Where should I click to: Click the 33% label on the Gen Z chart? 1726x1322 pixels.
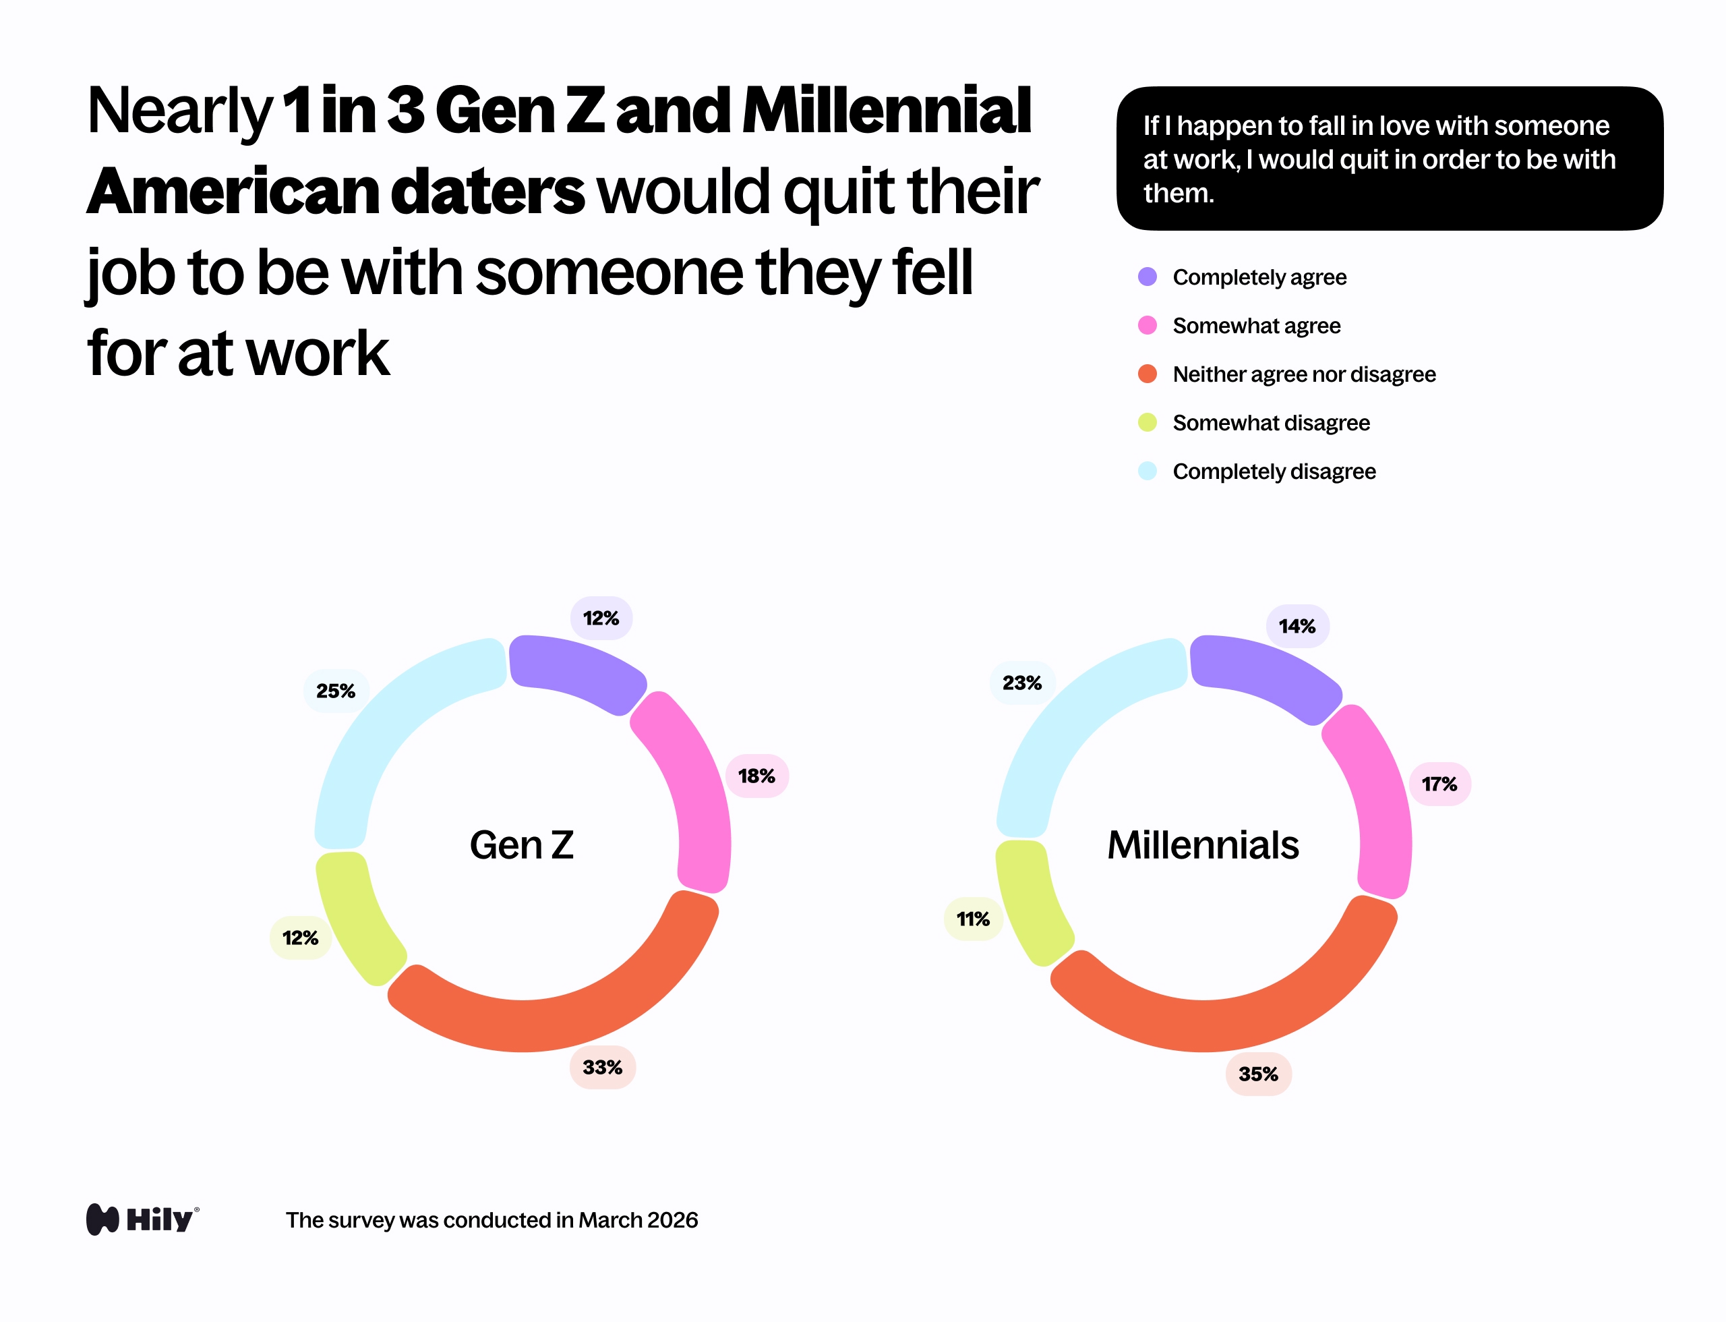(x=602, y=1067)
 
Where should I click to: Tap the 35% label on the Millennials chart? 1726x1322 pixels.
(x=1258, y=1073)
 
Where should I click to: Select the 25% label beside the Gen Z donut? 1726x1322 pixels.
(x=336, y=691)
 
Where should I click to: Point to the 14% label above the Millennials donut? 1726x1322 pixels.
(x=1297, y=627)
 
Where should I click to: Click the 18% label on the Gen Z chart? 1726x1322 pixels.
(x=756, y=776)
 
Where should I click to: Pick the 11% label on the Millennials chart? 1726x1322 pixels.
(x=973, y=919)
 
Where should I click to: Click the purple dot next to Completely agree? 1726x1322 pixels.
(x=1147, y=277)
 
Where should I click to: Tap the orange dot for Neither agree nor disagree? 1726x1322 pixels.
(x=1147, y=374)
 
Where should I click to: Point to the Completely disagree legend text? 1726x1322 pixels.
(x=1274, y=471)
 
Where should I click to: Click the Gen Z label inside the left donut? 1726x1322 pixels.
(x=522, y=845)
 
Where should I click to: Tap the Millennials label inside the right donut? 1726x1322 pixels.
(x=1203, y=845)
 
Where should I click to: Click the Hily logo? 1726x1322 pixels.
(x=142, y=1219)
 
